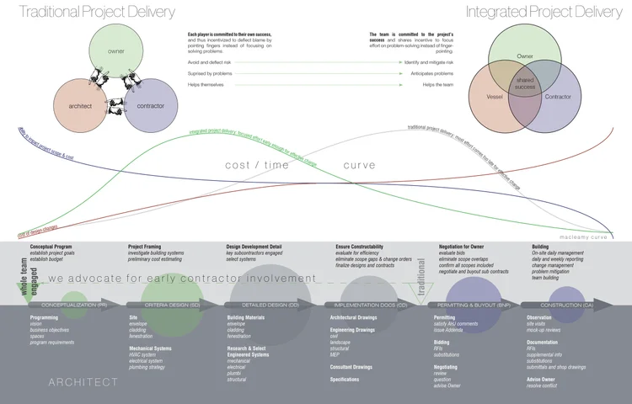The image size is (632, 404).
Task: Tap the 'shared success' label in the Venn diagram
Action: point(525,82)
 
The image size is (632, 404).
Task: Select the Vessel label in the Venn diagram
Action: point(495,97)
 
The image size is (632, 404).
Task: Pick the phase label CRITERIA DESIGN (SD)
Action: point(172,304)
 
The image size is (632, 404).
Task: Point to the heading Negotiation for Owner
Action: point(465,247)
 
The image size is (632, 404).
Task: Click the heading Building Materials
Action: point(247,317)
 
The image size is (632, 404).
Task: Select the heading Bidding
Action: point(442,343)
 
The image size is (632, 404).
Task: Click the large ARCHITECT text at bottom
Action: point(83,382)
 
